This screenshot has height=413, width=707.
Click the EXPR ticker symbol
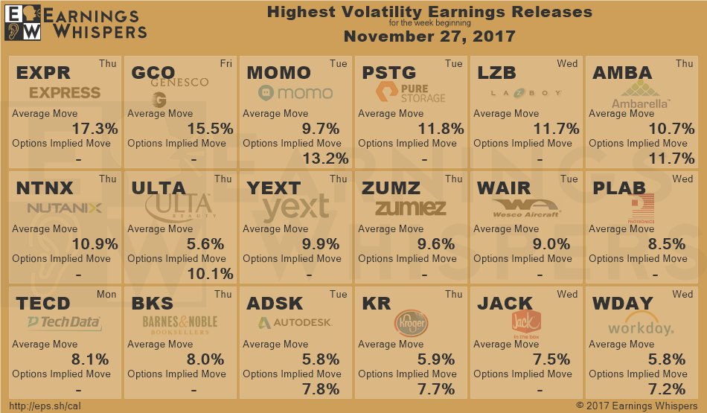pyautogui.click(x=43, y=73)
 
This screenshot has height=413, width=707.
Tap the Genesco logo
pyautogui.click(x=179, y=89)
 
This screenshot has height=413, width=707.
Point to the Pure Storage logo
pyautogui.click(x=411, y=92)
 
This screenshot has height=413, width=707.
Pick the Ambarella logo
pyautogui.click(x=639, y=95)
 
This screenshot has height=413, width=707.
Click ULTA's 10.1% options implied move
pyautogui.click(x=209, y=273)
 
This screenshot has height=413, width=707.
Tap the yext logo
pyautogui.click(x=295, y=208)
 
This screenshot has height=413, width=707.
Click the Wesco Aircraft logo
pyautogui.click(x=525, y=208)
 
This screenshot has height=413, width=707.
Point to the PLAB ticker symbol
pyautogui.click(x=619, y=188)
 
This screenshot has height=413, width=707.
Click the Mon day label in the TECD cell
pyautogui.click(x=106, y=294)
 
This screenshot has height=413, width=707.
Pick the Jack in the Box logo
pyautogui.click(x=525, y=322)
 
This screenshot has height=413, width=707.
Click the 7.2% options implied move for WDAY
pyautogui.click(x=667, y=388)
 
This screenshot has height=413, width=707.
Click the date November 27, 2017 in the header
pyautogui.click(x=429, y=36)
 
